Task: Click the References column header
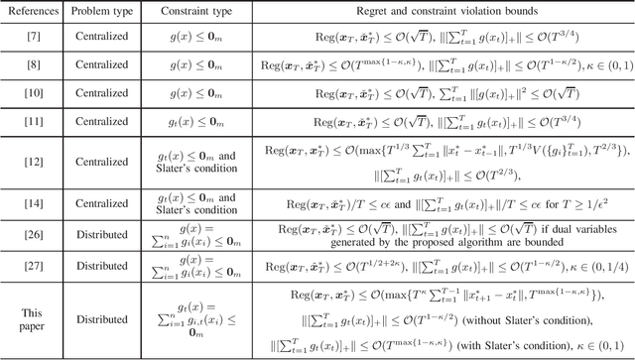tap(34, 11)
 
